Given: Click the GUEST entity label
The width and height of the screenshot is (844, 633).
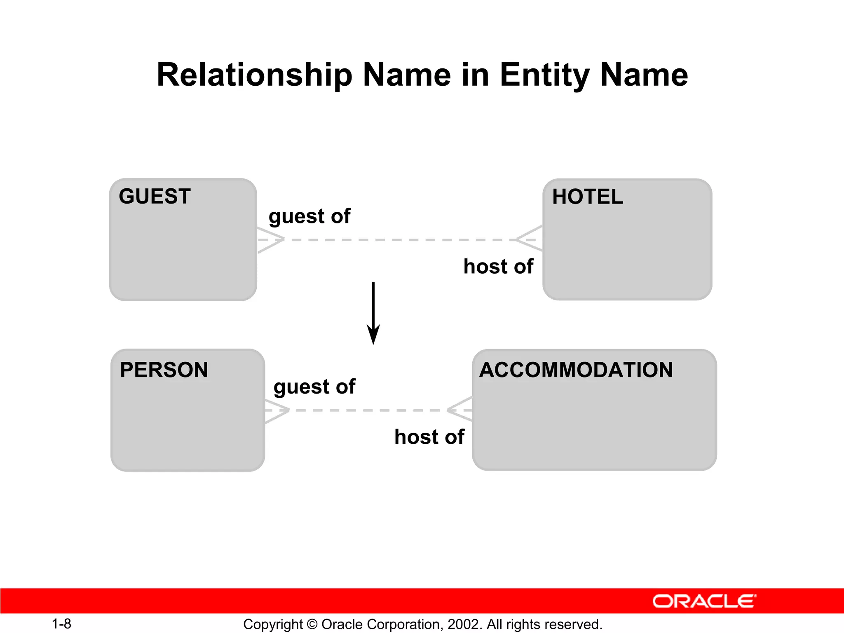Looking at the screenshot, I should tap(155, 196).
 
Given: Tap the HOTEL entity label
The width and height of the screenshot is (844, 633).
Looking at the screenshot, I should tap(587, 197).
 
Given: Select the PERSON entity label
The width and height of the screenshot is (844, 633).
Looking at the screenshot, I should tap(164, 370).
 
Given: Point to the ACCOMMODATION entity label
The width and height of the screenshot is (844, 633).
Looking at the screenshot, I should tap(576, 370).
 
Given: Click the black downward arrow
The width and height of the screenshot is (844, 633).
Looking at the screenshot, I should tap(373, 313).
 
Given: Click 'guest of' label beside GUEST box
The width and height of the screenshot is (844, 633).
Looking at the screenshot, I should tap(309, 216).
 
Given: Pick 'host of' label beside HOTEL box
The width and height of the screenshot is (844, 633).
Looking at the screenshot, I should tap(498, 266).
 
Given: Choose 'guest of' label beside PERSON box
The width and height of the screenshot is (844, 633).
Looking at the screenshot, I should tap(314, 387).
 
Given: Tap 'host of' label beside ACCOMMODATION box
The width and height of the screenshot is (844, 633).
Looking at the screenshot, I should tap(429, 437).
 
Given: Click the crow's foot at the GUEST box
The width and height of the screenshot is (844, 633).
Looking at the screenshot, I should tap(270, 239).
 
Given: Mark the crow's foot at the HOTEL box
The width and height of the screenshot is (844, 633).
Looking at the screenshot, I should tap(530, 239).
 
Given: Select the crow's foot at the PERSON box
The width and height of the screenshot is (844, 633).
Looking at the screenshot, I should tap(277, 410).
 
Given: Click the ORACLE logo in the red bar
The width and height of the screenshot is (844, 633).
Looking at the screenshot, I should tap(704, 601).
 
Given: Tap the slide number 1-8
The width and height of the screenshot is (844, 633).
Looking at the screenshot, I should tap(61, 624).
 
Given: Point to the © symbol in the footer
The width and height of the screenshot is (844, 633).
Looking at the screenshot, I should tap(312, 624).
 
